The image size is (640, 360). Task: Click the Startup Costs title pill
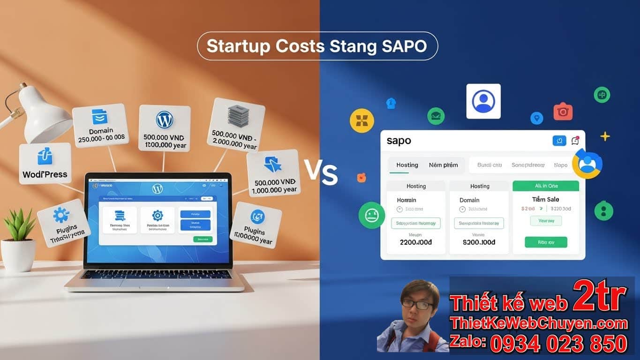click(317, 46)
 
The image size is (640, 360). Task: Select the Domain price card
click(100, 125)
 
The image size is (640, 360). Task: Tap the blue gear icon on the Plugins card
click(61, 215)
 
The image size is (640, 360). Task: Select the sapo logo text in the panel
click(399, 141)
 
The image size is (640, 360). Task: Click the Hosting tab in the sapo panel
click(407, 165)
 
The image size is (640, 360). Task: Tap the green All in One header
click(546, 186)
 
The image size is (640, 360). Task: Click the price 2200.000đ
click(415, 242)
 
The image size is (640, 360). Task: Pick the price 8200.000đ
click(479, 242)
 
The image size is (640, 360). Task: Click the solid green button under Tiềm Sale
click(546, 242)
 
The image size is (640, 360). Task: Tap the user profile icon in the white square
click(483, 101)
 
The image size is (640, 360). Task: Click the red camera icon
click(563, 112)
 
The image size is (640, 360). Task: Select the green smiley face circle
click(371, 215)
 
